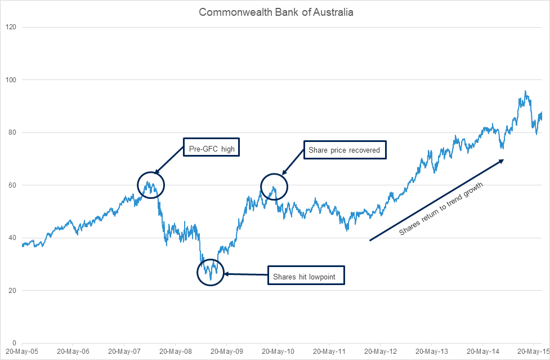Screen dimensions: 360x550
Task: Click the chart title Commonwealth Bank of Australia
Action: (276, 12)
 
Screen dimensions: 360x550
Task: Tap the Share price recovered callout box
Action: (345, 150)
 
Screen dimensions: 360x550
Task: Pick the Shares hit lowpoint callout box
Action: (306, 276)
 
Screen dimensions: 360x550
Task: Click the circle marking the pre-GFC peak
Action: (151, 185)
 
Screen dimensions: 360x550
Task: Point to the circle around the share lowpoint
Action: (211, 272)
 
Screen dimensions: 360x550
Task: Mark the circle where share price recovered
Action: (274, 186)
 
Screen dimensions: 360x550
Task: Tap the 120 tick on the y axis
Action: (11, 27)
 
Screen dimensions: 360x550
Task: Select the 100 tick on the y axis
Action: (11, 80)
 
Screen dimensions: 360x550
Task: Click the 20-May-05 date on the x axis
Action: (22, 351)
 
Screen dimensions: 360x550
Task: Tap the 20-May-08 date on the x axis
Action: (176, 351)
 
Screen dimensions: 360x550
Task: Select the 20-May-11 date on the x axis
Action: (329, 351)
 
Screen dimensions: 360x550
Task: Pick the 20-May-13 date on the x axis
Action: (432, 351)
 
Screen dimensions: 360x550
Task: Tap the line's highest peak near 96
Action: (525, 91)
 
